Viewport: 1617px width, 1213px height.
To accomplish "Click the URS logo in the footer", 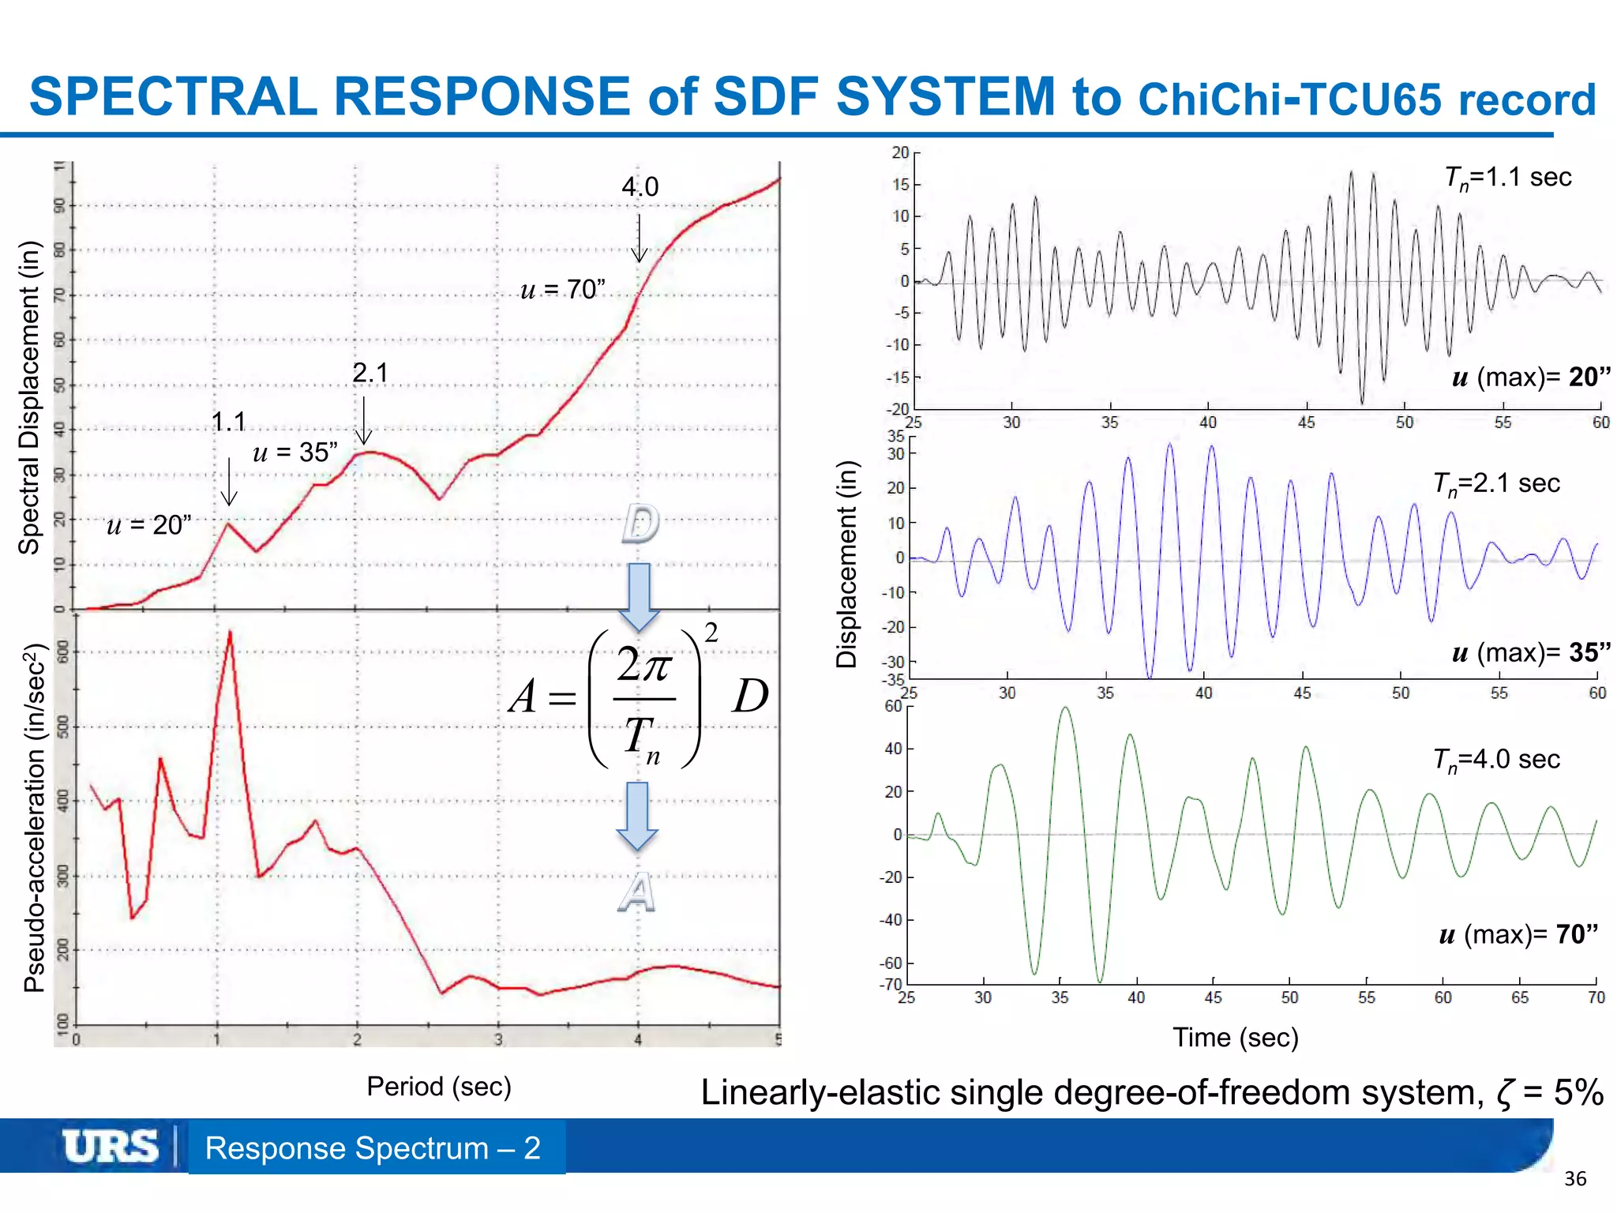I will click(111, 1147).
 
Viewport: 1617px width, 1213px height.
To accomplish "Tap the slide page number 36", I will click(1574, 1179).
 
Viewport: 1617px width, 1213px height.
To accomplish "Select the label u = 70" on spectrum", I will click(563, 290).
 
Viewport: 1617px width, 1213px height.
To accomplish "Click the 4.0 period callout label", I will click(640, 187).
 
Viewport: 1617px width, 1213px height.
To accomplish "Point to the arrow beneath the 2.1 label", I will click(363, 420).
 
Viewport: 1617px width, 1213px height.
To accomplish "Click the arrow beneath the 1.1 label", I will click(229, 481).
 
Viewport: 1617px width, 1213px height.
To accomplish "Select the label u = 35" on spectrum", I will click(295, 453).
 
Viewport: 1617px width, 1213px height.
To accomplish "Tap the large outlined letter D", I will click(640, 524).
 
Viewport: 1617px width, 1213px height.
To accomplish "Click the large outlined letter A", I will click(636, 893).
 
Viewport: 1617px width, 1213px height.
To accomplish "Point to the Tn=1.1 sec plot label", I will click(1507, 178).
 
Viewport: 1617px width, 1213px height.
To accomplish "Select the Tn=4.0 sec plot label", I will click(1496, 760).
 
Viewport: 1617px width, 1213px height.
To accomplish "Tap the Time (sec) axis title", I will click(1235, 1037).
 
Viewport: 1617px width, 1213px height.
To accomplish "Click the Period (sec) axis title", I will click(439, 1087).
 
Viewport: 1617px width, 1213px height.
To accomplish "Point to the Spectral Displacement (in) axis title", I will click(28, 397).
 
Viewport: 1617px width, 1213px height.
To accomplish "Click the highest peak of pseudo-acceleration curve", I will click(230, 632).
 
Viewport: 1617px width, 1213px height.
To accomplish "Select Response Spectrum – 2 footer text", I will click(373, 1147).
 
